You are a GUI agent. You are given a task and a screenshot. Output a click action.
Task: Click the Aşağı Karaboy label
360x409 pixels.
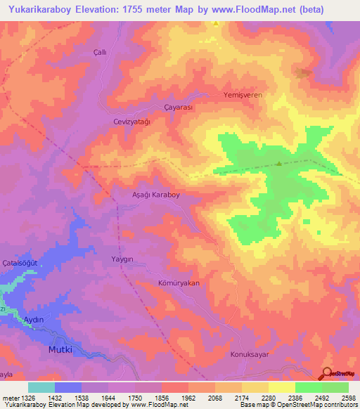click(157, 196)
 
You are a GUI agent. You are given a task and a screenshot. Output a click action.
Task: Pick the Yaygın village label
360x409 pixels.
click(122, 259)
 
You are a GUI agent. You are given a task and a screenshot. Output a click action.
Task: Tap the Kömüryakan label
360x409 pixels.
click(179, 283)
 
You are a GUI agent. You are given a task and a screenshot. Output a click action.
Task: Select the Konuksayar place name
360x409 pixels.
click(251, 354)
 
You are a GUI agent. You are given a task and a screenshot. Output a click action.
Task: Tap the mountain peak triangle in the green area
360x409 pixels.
click(279, 164)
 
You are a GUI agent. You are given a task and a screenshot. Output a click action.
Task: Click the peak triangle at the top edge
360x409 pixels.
click(216, 23)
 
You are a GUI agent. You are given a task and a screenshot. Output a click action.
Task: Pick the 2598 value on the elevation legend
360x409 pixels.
click(348, 397)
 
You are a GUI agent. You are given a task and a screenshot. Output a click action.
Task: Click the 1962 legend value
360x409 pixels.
click(188, 397)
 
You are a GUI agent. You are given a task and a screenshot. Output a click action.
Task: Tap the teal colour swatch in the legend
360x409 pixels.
click(41, 387)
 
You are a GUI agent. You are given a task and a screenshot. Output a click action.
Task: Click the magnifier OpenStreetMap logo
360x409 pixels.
click(327, 375)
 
